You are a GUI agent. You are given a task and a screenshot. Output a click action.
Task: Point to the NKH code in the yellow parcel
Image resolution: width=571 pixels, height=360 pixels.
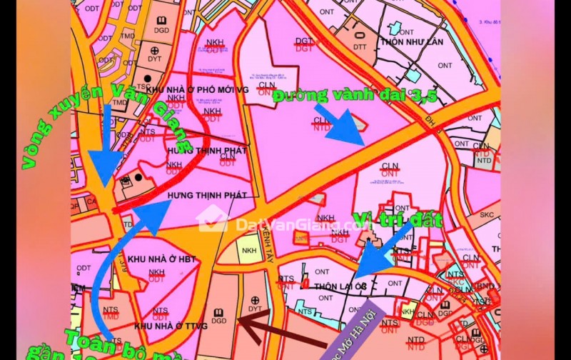[249, 251]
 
